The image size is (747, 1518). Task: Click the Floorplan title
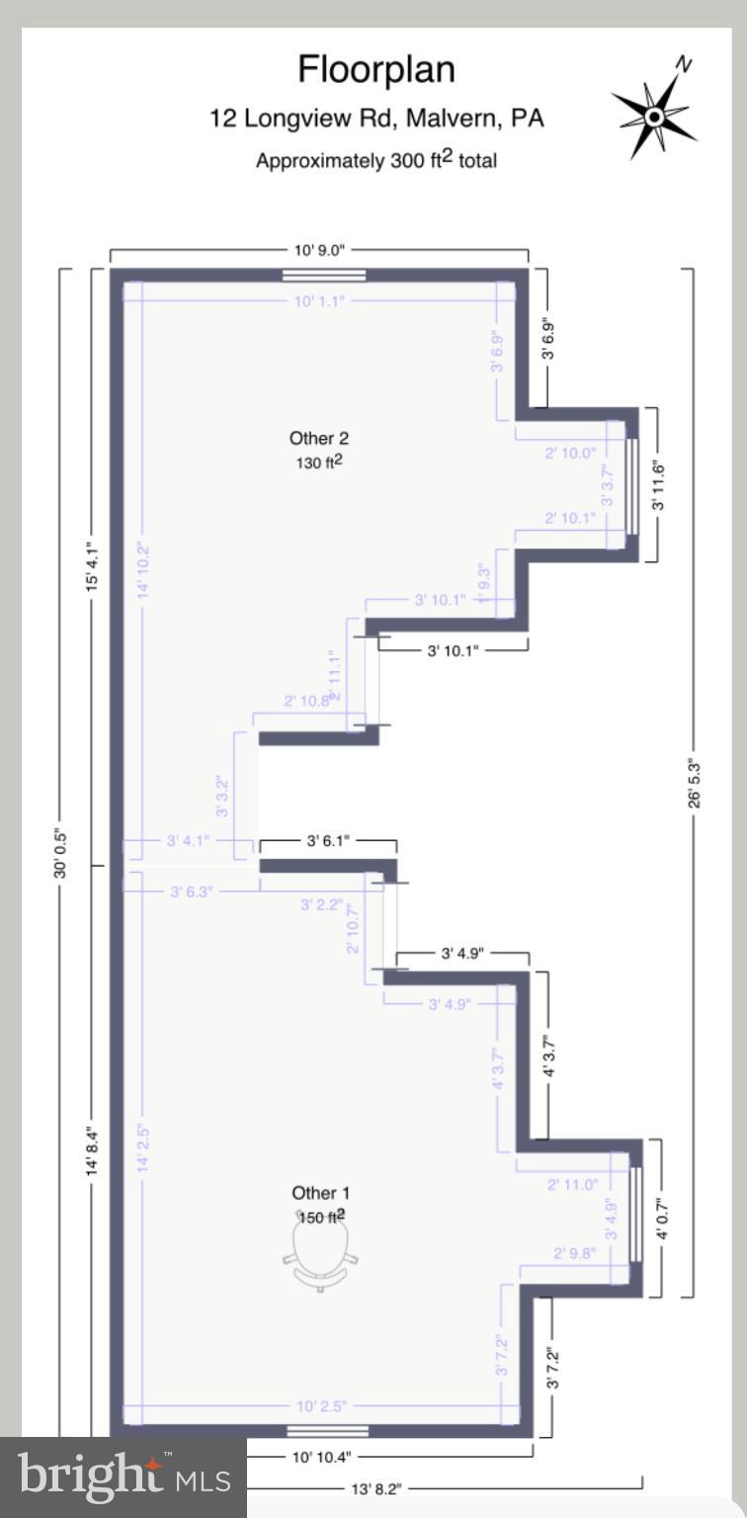pos(376,70)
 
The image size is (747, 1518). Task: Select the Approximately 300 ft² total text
pos(376,159)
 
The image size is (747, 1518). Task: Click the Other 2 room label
pos(319,438)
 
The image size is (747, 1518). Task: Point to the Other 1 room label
pos(320,1194)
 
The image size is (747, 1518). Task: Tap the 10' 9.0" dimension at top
pos(319,251)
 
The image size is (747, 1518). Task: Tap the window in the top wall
pos(324,276)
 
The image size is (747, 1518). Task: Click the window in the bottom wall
pos(327,1430)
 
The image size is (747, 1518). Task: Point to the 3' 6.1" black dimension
pos(327,841)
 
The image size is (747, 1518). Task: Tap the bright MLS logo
pos(123,1477)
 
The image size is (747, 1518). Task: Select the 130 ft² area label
pos(319,462)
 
